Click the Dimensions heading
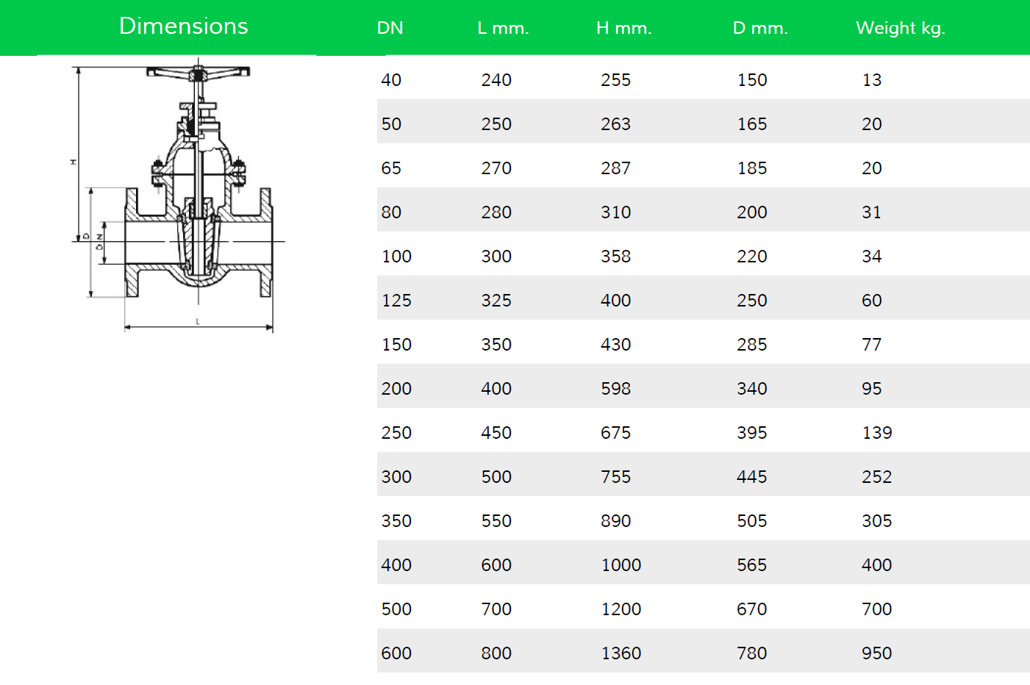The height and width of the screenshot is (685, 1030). (x=184, y=26)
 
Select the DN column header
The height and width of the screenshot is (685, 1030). (x=390, y=28)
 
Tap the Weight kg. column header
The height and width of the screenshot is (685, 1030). (x=901, y=29)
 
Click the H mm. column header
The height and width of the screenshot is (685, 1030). (x=624, y=28)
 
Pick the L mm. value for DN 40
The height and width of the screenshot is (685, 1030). (x=496, y=80)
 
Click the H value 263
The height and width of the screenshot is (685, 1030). (x=615, y=124)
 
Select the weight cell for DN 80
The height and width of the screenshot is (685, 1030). (x=871, y=212)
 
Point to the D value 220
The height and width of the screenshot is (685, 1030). (x=752, y=257)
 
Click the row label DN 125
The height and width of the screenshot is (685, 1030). (x=396, y=301)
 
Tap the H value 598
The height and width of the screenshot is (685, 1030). (x=615, y=389)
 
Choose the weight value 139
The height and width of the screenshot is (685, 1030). (x=877, y=433)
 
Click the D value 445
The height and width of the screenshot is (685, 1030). (x=752, y=477)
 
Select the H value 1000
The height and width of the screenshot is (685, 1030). (x=621, y=565)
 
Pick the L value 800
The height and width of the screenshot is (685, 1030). (x=496, y=653)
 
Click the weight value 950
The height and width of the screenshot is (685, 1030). (x=877, y=653)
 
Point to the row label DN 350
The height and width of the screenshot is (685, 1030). (x=396, y=521)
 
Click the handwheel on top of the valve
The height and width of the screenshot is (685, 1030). (x=199, y=73)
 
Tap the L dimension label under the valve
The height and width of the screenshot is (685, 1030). (x=198, y=321)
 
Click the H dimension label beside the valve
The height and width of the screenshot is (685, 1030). (x=73, y=162)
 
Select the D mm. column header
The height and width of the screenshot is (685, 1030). (x=760, y=28)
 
